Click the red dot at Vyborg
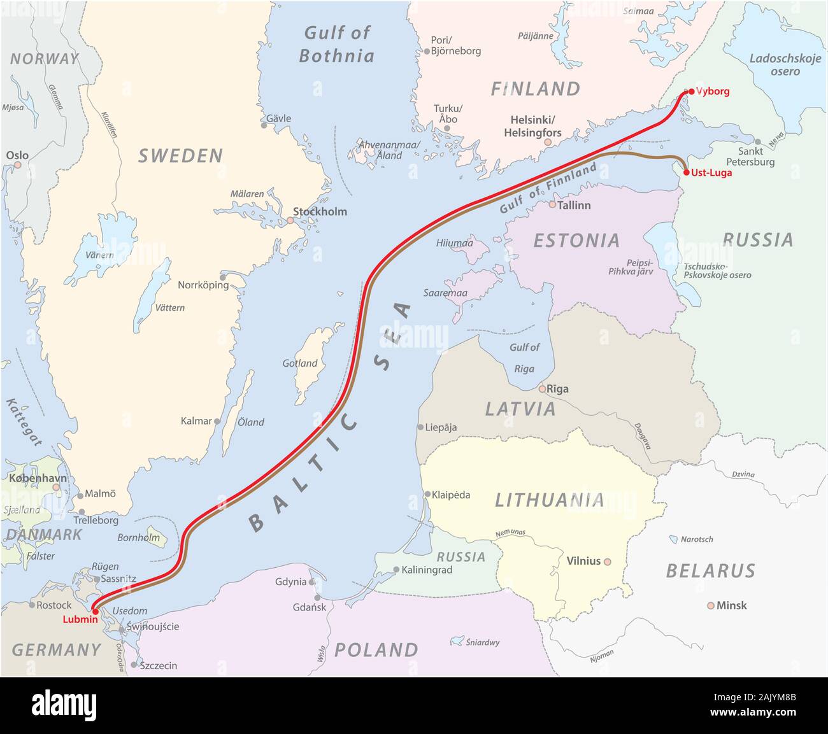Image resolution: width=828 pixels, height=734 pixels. coord(691,92)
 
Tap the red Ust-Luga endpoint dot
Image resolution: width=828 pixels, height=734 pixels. coord(686,173)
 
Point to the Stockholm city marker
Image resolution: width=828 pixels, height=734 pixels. coord(290,220)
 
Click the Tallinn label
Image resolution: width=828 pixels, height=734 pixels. coord(574,205)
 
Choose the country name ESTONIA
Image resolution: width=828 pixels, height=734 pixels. coord(576,240)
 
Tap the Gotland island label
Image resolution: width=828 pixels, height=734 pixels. coord(300,363)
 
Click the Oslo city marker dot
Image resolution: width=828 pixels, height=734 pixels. coord(18,165)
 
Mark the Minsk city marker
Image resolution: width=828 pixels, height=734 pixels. coord(710,605)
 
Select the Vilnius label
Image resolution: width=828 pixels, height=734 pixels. coord(583,561)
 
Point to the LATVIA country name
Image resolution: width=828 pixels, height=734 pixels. coord(520,409)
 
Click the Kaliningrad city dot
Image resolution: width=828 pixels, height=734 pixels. coord(396,570)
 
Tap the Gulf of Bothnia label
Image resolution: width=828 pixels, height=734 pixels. coord(337,44)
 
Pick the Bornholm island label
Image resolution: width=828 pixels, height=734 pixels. coord(139,537)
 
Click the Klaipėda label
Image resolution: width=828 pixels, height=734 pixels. coord(451,495)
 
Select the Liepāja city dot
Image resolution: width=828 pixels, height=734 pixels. coord(420,427)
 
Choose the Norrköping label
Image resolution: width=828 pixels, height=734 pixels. coord(203,285)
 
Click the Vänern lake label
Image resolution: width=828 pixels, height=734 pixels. coord(99,255)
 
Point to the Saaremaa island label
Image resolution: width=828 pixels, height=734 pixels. coord(445,293)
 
